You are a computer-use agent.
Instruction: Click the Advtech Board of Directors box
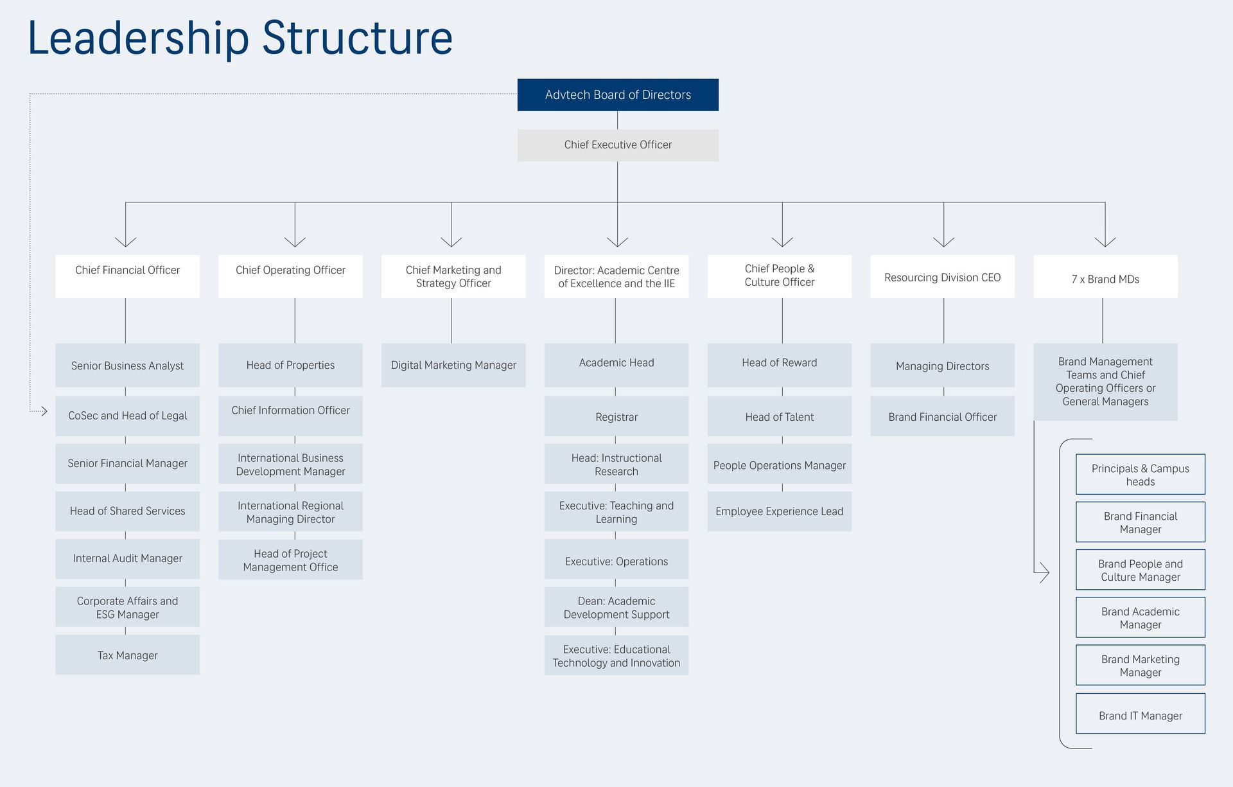point(618,95)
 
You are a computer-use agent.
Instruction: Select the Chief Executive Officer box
point(618,145)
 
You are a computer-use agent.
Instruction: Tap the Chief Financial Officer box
point(127,276)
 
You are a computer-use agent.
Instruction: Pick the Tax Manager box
point(127,655)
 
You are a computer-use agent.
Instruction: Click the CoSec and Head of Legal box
point(127,416)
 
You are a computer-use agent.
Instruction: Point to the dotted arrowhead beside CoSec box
point(44,411)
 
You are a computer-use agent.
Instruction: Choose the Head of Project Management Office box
point(290,560)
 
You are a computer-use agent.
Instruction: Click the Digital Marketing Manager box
point(453,365)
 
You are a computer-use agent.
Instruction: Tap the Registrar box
point(616,416)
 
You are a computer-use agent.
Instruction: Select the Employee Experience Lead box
point(780,511)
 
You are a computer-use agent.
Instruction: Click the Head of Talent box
point(780,416)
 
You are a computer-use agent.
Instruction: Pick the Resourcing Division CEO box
point(942,276)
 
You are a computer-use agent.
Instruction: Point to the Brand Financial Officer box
point(942,416)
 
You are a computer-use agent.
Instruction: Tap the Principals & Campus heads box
point(1141,474)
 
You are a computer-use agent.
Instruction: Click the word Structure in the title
point(357,39)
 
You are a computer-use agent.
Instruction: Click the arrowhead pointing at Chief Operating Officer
point(295,242)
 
